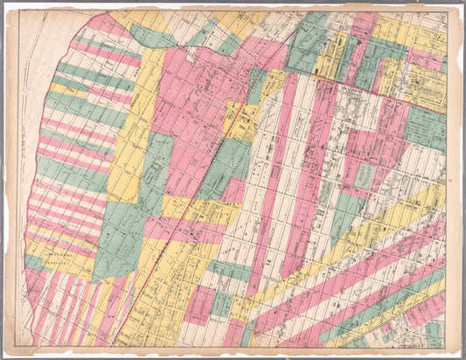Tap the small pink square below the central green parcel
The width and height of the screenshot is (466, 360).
233,190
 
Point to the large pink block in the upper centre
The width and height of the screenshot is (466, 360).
188,96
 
